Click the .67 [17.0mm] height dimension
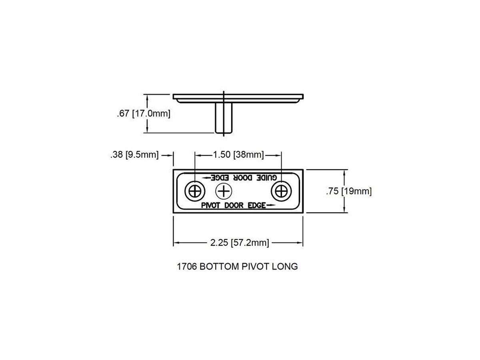tap(144, 114)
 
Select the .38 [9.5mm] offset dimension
tap(134, 155)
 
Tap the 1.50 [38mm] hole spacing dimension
tap(238, 155)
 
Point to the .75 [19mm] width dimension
tap(349, 191)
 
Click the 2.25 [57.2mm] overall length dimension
tap(240, 243)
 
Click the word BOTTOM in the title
tap(219, 267)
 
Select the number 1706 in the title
tap(187, 267)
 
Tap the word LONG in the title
tap(285, 267)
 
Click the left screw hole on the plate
tap(195, 192)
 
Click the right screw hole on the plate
tap(282, 192)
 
